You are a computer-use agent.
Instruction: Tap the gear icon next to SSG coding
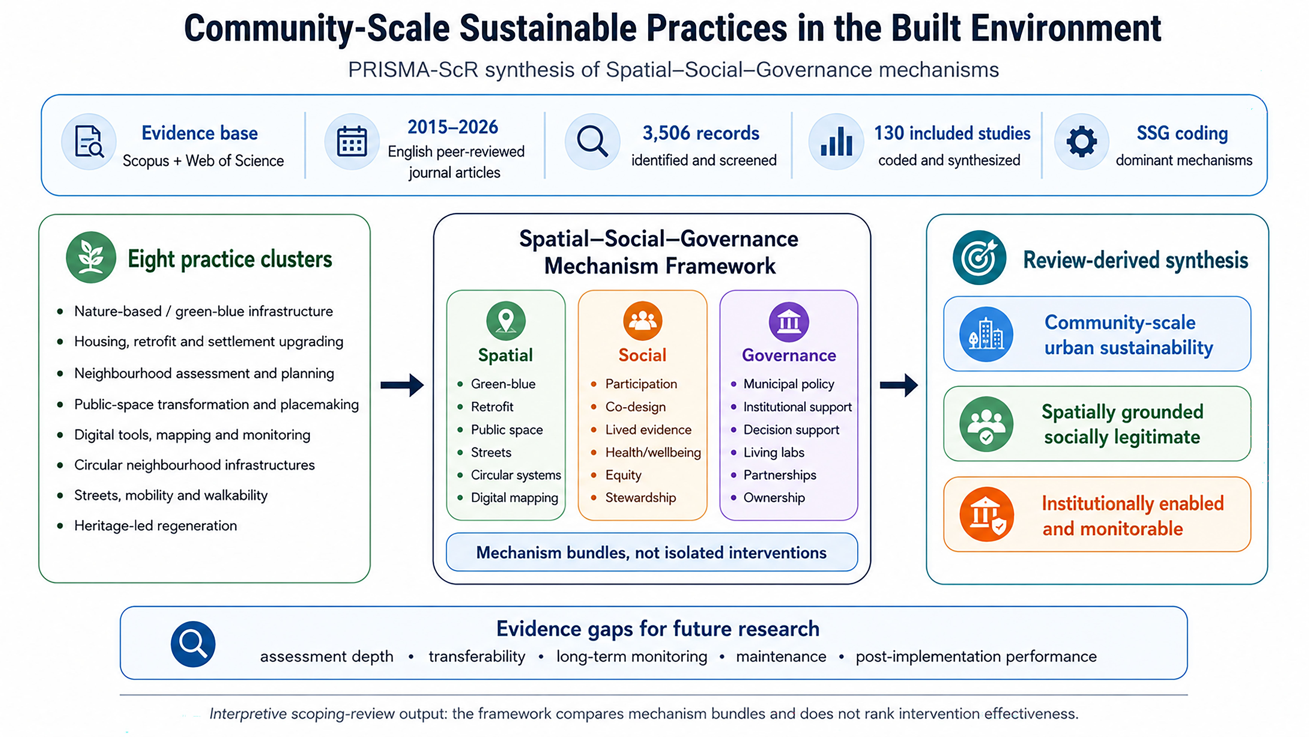(x=1081, y=141)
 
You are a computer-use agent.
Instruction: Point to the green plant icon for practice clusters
(x=91, y=257)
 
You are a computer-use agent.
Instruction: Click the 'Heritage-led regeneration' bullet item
(x=156, y=526)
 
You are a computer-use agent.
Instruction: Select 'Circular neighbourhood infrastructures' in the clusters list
(x=195, y=465)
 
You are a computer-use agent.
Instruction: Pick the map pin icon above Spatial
(x=506, y=321)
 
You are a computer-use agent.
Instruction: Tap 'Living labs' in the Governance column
(x=774, y=452)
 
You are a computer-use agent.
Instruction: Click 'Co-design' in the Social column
(x=635, y=407)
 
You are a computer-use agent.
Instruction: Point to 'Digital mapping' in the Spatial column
(x=514, y=498)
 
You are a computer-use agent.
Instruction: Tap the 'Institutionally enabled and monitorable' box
(x=1097, y=514)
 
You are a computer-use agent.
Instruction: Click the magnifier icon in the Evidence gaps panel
(x=193, y=644)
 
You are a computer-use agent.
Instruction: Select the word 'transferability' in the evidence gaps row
(x=477, y=657)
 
